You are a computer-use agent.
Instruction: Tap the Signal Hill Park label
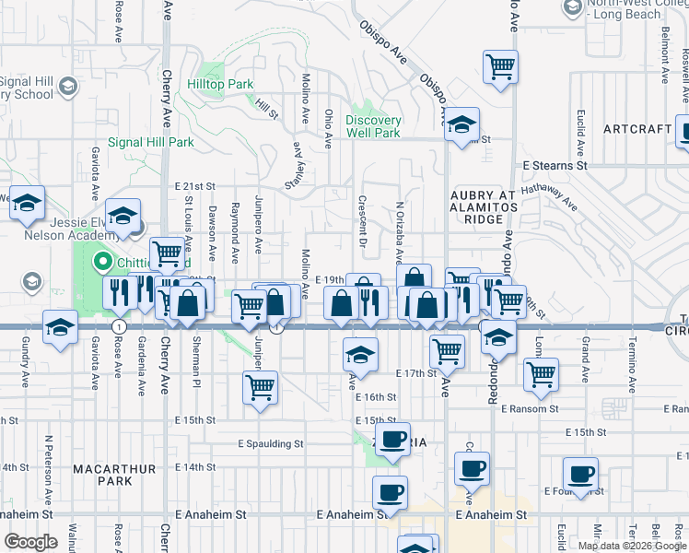(x=151, y=143)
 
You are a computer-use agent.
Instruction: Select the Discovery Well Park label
(x=373, y=126)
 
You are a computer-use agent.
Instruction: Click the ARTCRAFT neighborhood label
(x=637, y=129)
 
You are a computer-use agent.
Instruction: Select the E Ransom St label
(x=530, y=408)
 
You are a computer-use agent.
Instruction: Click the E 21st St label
(x=194, y=186)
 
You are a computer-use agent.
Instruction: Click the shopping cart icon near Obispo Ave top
(x=500, y=65)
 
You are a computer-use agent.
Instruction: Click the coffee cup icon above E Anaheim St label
(x=390, y=491)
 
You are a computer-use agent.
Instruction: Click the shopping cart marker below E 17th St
(x=261, y=386)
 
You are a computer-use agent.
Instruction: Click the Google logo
(x=30, y=542)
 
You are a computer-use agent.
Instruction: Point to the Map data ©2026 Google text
(x=631, y=546)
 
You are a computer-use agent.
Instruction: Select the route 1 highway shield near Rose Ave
(x=119, y=327)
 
